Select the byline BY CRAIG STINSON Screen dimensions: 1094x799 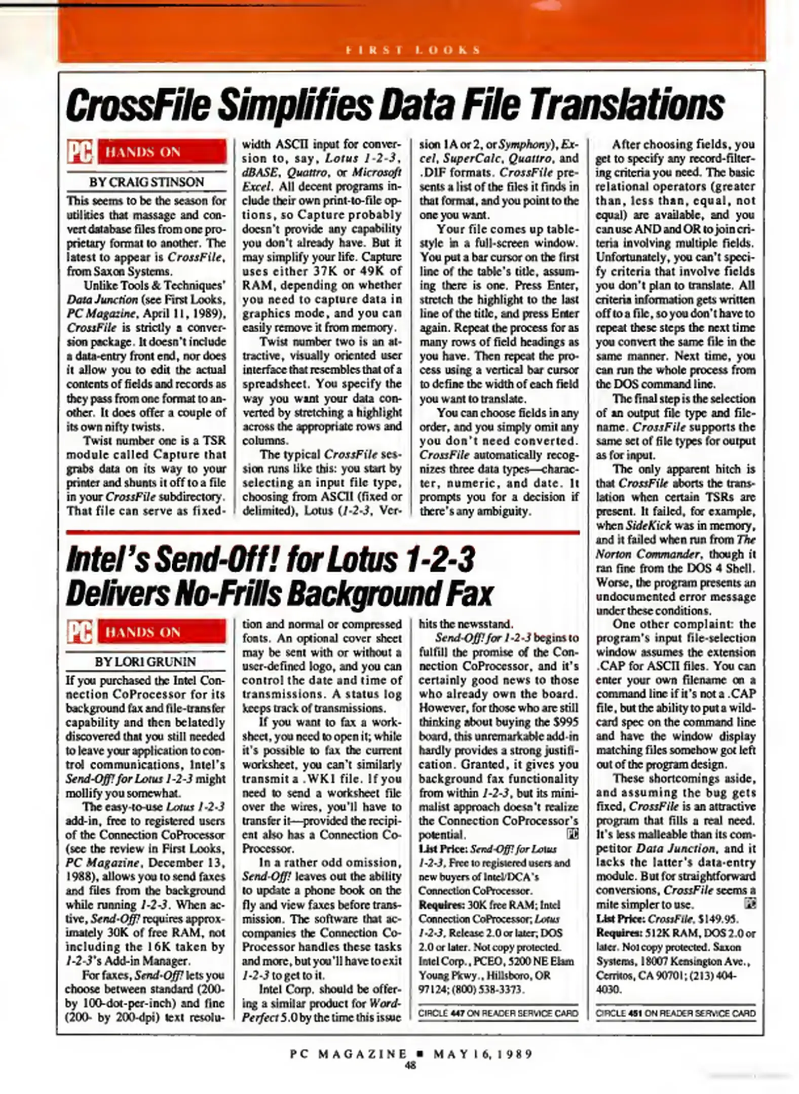coord(146,182)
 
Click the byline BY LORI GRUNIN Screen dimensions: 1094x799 coord(146,661)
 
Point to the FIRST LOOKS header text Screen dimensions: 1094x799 coord(412,50)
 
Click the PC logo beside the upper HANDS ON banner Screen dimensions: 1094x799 coord(80,152)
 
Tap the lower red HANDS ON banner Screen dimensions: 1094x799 coord(161,632)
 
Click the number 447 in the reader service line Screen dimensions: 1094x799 coord(457,1012)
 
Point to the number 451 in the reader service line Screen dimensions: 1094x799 coord(634,1012)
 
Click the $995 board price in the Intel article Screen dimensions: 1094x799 coord(565,722)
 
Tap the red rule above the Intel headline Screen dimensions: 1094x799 coord(322,532)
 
